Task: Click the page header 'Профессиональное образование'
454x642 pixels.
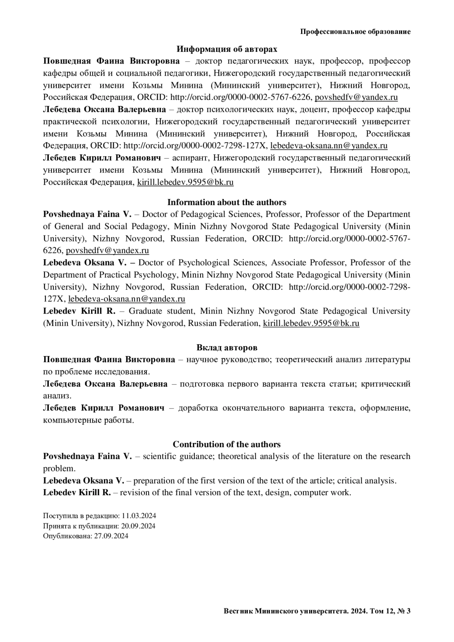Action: [x=355, y=32]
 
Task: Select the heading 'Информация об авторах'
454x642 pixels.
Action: [x=227, y=49]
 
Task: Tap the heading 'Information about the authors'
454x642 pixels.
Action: [x=227, y=202]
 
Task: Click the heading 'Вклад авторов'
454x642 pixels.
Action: [x=227, y=347]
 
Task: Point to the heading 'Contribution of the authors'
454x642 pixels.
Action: [x=227, y=444]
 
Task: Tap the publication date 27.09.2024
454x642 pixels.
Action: [x=111, y=536]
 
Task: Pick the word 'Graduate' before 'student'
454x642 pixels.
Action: [x=145, y=311]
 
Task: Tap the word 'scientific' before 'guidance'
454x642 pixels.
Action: [x=159, y=456]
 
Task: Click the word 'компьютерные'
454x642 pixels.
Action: [x=72, y=420]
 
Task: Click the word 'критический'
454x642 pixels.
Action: [x=386, y=384]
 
